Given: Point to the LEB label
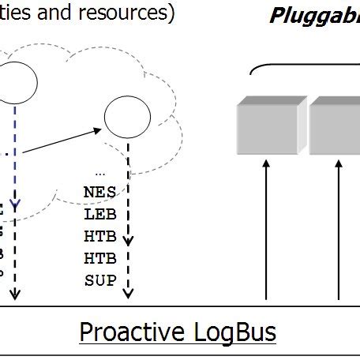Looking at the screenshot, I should [99, 213].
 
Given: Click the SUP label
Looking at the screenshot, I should [99, 279].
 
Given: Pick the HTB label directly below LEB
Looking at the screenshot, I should [99, 235].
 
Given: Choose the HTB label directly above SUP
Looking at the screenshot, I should [99, 257].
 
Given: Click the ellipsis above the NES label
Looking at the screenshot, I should [99, 171].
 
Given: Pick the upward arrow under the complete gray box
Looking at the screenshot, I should [267, 229].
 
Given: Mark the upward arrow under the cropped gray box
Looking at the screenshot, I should [339, 229].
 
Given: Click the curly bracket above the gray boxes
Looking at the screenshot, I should [304, 69].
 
